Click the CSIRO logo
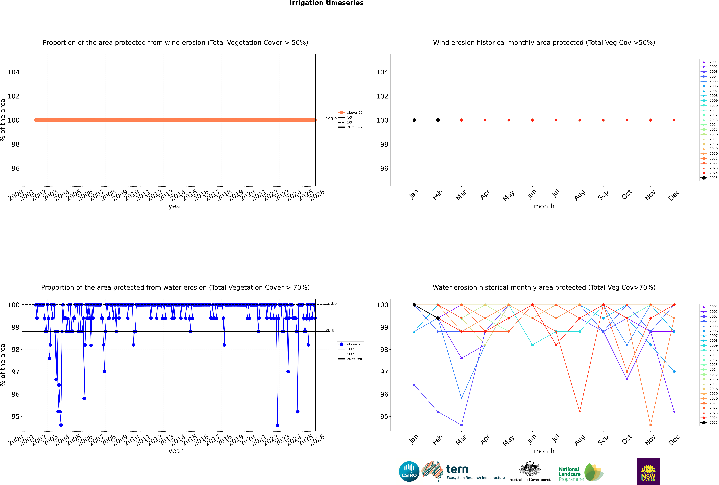pos(409,472)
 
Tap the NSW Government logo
pos(648,471)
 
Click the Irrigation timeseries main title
pos(326,3)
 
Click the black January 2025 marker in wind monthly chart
pos(414,120)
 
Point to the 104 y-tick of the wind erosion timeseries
pos(14,72)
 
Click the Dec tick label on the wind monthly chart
pos(674,195)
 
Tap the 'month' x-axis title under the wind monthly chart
pos(544,206)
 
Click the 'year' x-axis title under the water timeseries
pos(176,451)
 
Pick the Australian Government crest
pos(530,469)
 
